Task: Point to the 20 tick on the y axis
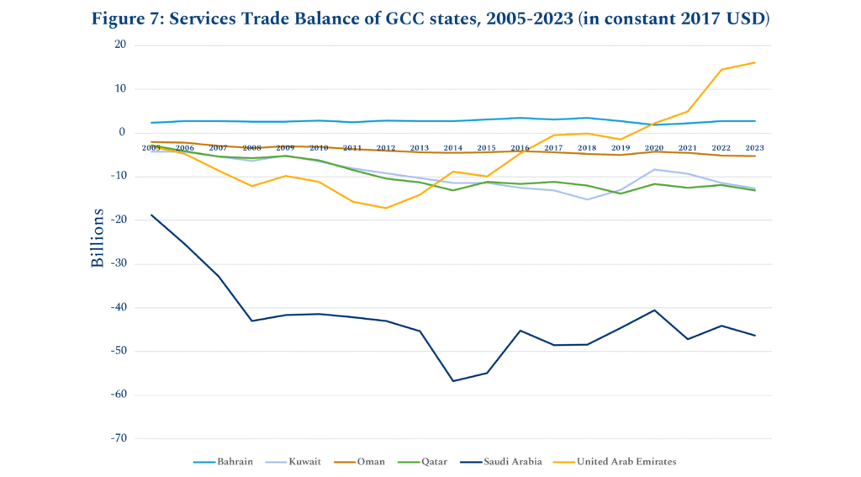point(120,45)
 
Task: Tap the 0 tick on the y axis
point(123,132)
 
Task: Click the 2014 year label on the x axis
point(453,148)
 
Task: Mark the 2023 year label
point(755,148)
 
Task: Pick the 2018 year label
point(587,148)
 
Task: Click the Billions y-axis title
point(98,238)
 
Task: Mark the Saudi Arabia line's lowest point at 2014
point(453,381)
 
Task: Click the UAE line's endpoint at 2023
point(755,62)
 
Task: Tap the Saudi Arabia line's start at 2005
point(151,215)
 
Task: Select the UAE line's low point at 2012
point(386,208)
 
